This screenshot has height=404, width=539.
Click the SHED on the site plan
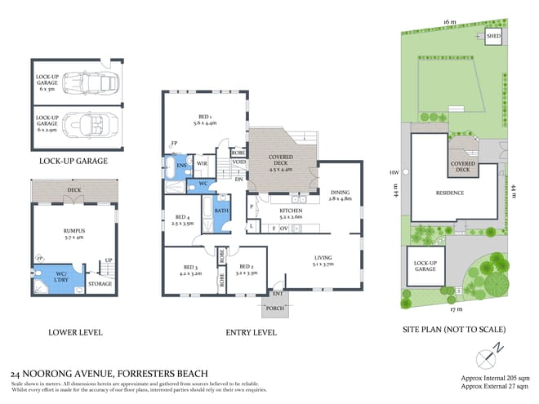click(493, 37)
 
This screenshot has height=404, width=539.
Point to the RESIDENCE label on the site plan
click(448, 193)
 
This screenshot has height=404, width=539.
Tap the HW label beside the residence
click(394, 172)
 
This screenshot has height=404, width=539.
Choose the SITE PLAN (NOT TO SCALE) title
click(455, 330)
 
